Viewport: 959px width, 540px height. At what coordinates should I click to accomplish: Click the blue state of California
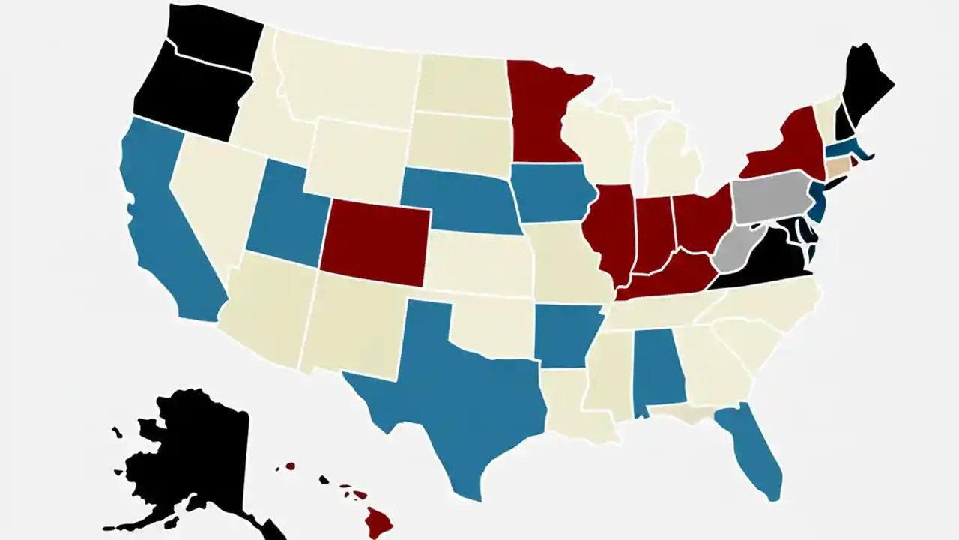pos(161,225)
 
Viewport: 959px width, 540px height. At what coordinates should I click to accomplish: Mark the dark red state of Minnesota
pos(543,112)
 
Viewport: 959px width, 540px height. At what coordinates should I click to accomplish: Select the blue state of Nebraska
pos(457,199)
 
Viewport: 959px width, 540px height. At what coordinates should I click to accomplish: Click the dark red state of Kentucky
pos(667,277)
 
